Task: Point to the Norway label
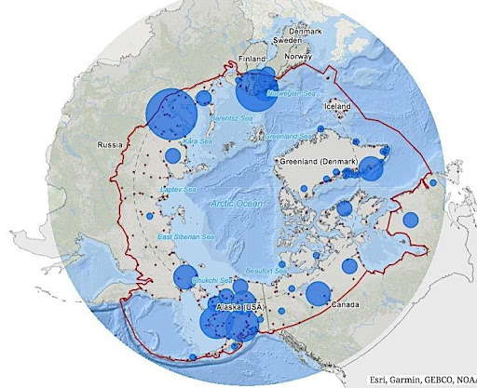point(298,57)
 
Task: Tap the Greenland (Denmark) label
point(319,161)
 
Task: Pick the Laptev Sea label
point(177,190)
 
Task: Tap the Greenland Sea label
point(287,136)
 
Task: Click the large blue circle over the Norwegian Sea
point(254,91)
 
